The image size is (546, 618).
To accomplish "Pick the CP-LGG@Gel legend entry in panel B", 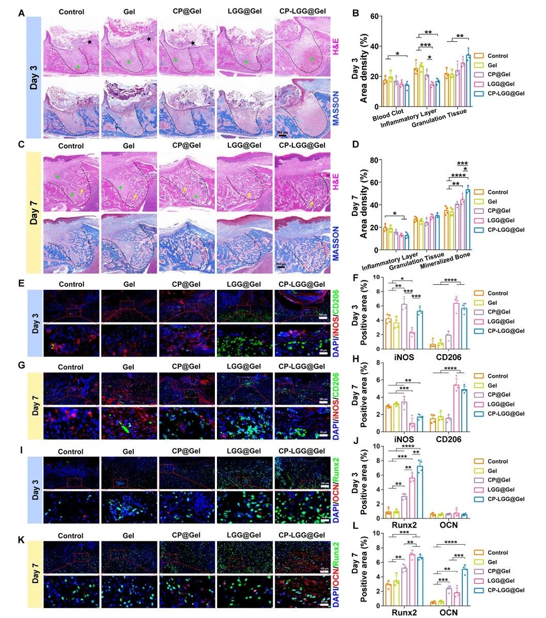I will (x=504, y=93).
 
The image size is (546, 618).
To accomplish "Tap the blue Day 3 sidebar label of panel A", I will (x=33, y=76).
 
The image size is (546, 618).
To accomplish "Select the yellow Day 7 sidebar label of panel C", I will (x=33, y=212).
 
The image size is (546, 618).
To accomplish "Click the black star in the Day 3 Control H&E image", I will (x=90, y=42).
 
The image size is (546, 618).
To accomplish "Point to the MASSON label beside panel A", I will (x=335, y=110).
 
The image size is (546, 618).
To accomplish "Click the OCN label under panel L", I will (x=447, y=612).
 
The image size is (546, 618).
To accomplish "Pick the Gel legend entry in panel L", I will (x=491, y=562).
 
